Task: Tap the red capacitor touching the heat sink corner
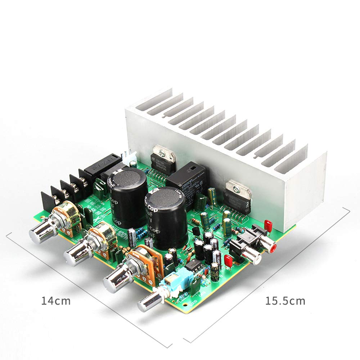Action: (x=268, y=226)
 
